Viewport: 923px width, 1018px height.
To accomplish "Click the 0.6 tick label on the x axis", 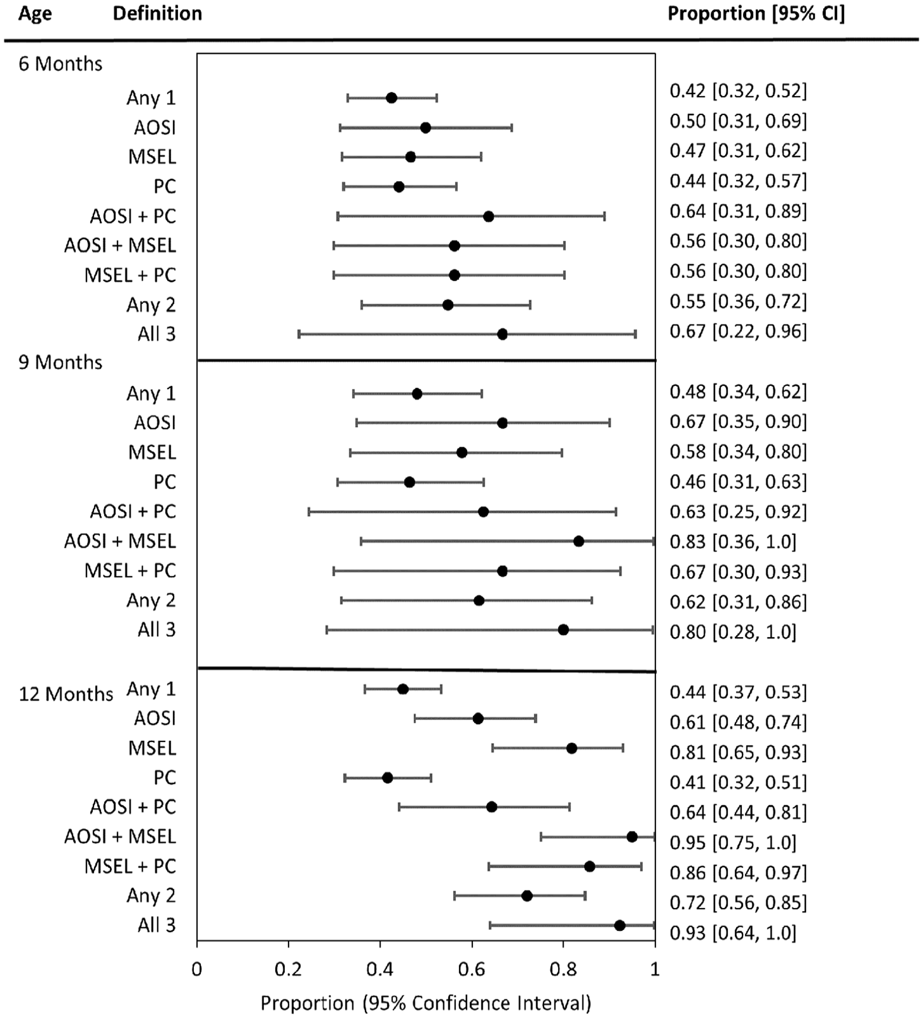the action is point(472,969).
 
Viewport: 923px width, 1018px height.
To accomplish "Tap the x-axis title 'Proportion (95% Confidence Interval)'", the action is point(426,1003).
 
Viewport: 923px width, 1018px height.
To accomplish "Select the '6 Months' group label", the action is point(60,64).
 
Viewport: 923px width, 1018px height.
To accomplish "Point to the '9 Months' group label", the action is point(60,362).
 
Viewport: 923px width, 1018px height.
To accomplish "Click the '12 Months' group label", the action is point(66,694).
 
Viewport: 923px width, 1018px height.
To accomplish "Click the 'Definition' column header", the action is point(158,13).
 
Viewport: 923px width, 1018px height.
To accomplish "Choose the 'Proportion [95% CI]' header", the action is point(756,14).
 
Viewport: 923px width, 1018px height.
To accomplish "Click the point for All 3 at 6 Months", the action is point(502,334).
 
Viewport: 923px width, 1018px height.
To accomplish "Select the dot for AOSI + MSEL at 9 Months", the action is point(578,541).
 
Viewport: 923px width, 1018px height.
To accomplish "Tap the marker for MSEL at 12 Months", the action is point(571,748).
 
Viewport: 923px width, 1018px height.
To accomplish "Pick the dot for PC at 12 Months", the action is point(387,778).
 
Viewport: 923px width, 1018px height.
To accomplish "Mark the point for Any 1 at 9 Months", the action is point(417,394).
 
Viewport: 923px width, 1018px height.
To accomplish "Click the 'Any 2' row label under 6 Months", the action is point(151,305).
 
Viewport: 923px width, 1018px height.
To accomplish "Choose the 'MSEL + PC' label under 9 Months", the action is point(130,570).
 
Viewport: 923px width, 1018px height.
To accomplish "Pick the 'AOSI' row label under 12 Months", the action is point(155,719).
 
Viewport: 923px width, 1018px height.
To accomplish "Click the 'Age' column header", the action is point(35,14).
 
